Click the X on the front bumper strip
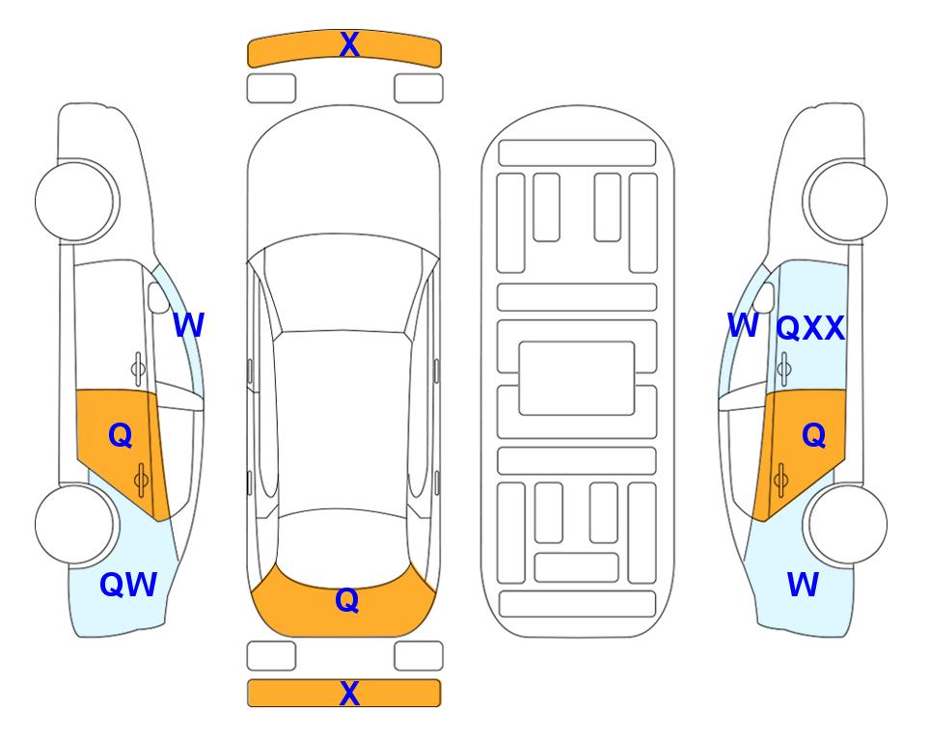(x=349, y=44)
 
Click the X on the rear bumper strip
(x=349, y=693)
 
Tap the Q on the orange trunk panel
(x=347, y=600)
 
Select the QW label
(x=128, y=585)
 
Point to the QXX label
(x=810, y=328)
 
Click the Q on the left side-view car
(x=121, y=436)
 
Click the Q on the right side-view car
(x=813, y=436)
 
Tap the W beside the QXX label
(x=743, y=325)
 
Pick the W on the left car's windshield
(x=188, y=325)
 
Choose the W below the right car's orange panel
(x=803, y=585)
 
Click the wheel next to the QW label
(x=74, y=524)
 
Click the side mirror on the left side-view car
(x=158, y=297)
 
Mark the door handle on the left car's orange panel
(x=141, y=480)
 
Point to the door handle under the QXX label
(x=784, y=369)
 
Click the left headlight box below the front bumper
(x=271, y=89)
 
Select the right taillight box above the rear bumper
(x=419, y=656)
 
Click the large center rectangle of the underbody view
(x=577, y=378)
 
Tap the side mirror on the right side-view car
(x=764, y=297)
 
